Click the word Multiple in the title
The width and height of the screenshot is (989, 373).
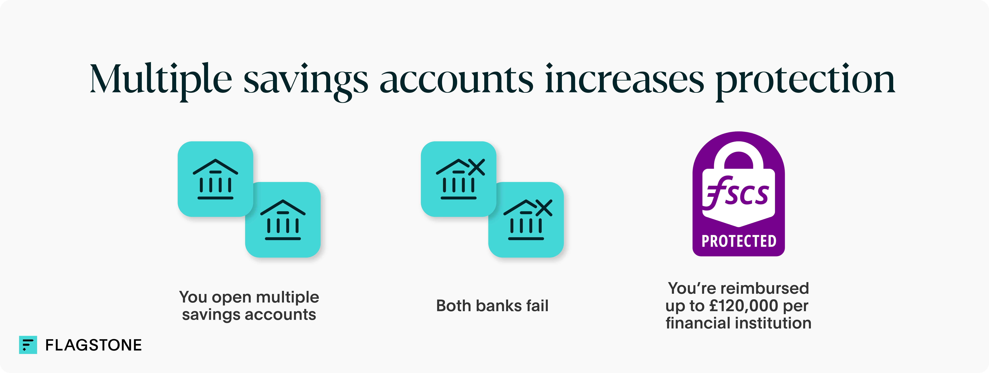(160, 79)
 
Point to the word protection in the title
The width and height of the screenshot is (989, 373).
(805, 81)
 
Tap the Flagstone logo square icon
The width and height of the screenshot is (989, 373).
(28, 345)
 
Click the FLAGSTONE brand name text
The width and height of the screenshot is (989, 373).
(93, 345)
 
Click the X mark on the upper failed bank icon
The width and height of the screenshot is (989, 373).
(476, 167)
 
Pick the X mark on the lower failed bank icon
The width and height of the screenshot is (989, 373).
(544, 208)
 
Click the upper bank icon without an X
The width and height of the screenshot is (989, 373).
(215, 179)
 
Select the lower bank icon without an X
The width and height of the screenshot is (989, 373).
(283, 220)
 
